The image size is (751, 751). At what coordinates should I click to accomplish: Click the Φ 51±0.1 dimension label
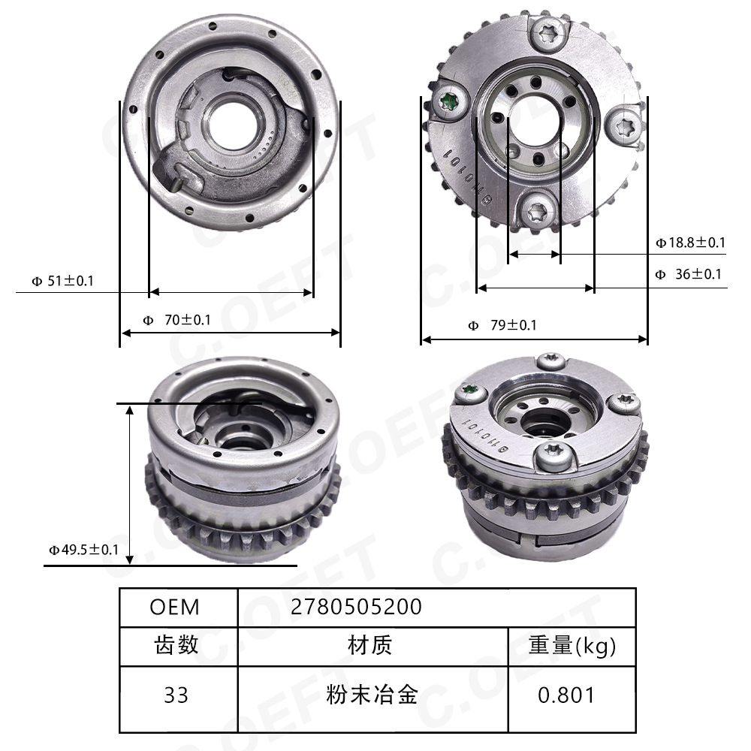[62, 281]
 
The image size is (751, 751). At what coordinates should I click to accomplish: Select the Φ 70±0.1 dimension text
[176, 320]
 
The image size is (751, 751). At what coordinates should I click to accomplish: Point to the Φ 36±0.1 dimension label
[688, 274]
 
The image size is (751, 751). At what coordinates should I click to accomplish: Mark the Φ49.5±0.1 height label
[83, 550]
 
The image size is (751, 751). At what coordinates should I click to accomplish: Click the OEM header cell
[175, 607]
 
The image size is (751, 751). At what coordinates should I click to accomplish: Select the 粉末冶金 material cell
[372, 695]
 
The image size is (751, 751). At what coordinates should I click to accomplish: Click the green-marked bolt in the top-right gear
[451, 103]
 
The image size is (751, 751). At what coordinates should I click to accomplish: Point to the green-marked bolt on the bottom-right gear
[472, 391]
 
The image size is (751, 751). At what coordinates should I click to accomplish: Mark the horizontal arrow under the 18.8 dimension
[535, 255]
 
